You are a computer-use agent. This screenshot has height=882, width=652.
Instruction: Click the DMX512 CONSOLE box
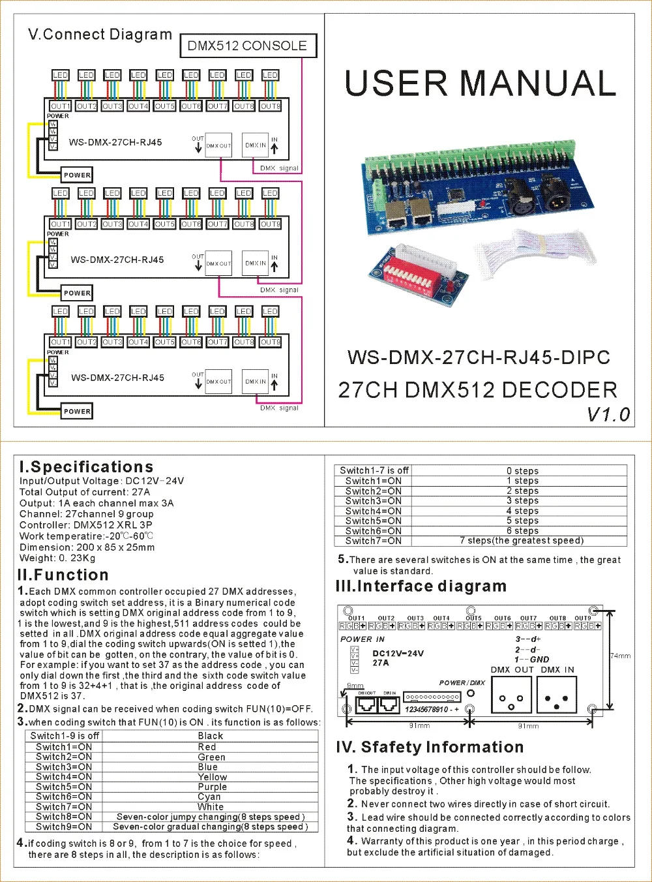(247, 46)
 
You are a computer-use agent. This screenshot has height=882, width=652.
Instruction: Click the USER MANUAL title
(480, 84)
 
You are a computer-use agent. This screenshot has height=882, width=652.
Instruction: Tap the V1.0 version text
(608, 414)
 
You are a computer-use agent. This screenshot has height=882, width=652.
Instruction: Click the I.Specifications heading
(86, 466)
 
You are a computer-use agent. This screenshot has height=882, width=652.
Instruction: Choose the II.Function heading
(63, 575)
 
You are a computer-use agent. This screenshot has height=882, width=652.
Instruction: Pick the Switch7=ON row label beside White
(64, 806)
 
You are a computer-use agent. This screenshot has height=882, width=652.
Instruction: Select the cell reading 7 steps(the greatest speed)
(521, 540)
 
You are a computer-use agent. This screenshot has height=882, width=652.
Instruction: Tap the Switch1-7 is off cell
(374, 470)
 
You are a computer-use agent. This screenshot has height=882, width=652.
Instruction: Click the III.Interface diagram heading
(421, 586)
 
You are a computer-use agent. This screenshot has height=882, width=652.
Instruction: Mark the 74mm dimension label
(620, 656)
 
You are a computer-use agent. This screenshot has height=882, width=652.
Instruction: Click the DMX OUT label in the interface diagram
(512, 669)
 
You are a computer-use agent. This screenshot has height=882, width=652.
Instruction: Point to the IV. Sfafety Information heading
(430, 747)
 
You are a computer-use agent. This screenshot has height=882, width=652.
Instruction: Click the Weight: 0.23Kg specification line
(57, 558)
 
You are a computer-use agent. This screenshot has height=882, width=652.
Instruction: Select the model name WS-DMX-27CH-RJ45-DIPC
(479, 357)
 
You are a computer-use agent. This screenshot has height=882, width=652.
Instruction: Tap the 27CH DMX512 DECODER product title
(477, 390)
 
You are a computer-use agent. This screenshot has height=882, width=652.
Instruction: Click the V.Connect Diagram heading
(100, 35)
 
